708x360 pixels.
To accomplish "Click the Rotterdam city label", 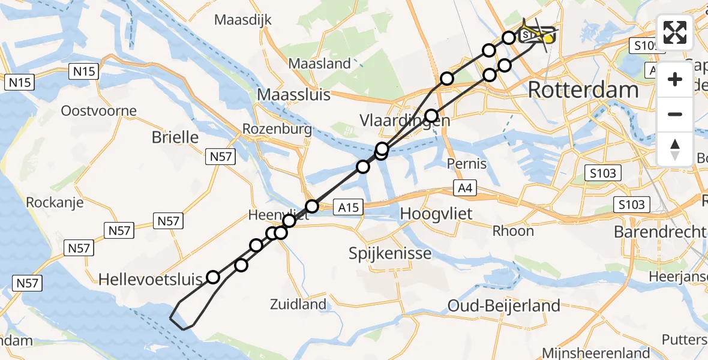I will tap(583, 91).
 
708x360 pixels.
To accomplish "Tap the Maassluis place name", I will tap(293, 94).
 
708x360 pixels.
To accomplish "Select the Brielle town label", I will tap(175, 137).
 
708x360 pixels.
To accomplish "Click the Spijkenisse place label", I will tap(390, 253).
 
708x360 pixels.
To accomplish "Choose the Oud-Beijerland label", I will tap(504, 306).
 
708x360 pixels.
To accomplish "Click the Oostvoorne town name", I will tap(99, 111).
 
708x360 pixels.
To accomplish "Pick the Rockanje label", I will tap(54, 203).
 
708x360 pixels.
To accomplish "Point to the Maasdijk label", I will tap(243, 20).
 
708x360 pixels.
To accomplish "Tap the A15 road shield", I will tap(348, 208).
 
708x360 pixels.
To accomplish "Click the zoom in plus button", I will tap(675, 79).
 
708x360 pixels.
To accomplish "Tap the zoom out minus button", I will tap(675, 114).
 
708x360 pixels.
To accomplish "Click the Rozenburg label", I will tap(277, 129).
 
